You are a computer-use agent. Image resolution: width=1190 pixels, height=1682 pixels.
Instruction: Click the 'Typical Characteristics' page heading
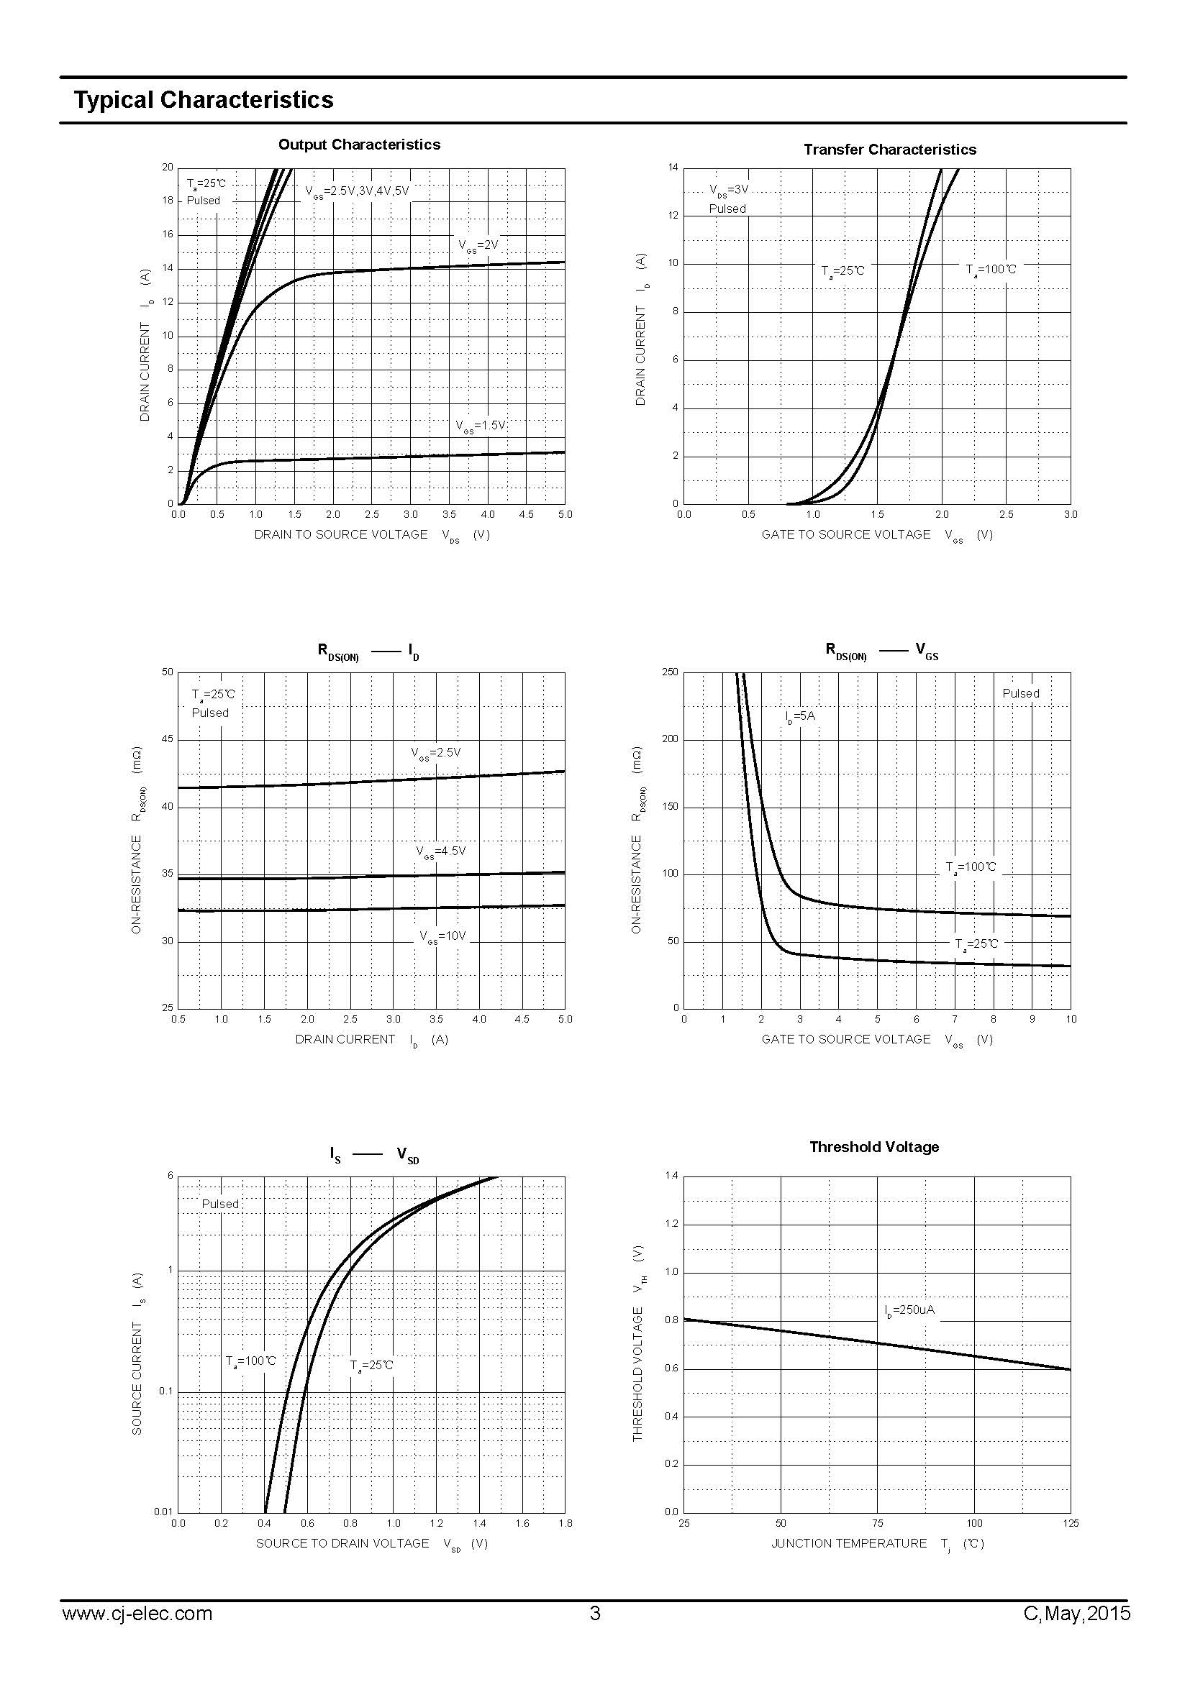203,100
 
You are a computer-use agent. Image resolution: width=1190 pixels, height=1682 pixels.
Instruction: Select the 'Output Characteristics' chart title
359,145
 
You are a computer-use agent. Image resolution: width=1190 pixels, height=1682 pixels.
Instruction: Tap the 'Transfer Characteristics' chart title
889,150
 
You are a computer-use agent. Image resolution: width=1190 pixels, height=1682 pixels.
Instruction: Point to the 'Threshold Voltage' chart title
873,1146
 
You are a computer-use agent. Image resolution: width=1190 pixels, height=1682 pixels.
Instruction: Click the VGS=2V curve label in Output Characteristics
478,245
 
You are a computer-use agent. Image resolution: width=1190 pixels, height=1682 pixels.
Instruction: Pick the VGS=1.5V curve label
480,426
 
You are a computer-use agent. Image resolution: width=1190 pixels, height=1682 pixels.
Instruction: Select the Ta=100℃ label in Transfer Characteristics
991,270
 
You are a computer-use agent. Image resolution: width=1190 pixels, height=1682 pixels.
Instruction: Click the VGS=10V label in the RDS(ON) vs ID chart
442,936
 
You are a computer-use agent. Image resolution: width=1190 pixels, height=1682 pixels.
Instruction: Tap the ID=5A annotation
799,716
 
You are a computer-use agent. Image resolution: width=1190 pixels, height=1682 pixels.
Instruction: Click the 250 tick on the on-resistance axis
670,672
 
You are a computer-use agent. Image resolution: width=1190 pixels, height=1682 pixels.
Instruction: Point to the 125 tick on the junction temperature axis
1070,1523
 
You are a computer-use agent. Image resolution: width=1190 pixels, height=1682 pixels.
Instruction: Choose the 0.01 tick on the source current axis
163,1512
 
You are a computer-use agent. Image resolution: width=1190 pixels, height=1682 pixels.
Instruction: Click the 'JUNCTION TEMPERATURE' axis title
848,1543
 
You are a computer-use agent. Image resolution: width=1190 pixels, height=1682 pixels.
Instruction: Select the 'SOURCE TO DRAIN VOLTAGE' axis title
342,1543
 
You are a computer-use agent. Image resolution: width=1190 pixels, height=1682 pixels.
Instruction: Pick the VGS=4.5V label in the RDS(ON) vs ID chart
440,851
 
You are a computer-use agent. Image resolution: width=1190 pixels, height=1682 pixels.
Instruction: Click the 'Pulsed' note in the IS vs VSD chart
220,1204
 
